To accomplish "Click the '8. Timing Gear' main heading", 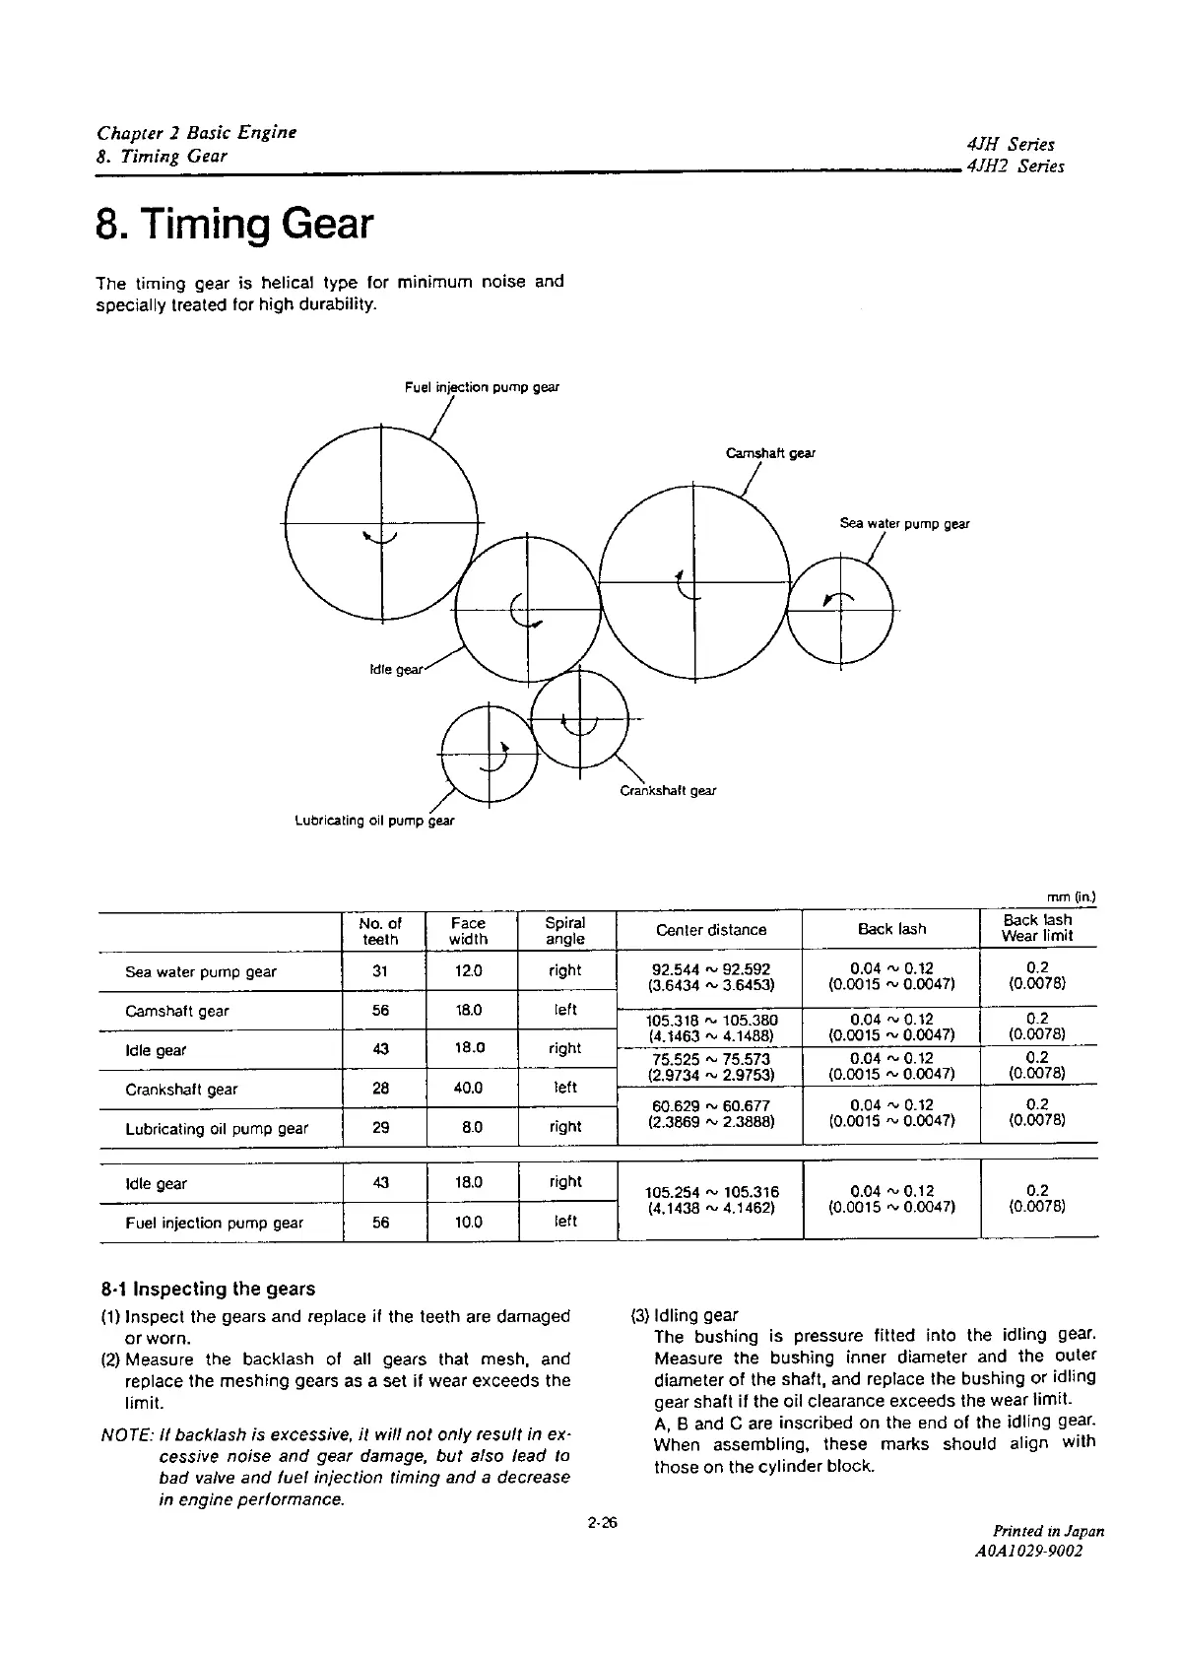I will coord(234,224).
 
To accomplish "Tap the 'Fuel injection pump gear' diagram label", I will coord(482,387).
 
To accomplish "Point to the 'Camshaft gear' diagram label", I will coord(770,453).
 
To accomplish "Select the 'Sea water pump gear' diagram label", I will coord(904,524).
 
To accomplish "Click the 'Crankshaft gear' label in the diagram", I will coord(668,790).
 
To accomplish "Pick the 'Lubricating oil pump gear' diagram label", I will coord(375,820).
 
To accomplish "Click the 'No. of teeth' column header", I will coord(380,931).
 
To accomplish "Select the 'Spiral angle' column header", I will coord(565,931).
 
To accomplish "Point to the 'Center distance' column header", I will coord(710,930).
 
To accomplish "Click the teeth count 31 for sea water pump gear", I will coord(381,970).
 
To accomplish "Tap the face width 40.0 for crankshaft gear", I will coord(468,1089).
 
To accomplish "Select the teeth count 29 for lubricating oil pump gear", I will coord(381,1127).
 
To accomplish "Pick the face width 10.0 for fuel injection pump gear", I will coord(468,1223).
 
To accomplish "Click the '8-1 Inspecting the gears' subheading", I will coord(208,1289).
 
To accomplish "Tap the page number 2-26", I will coord(601,1523).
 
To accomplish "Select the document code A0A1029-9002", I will coord(1028,1551).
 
